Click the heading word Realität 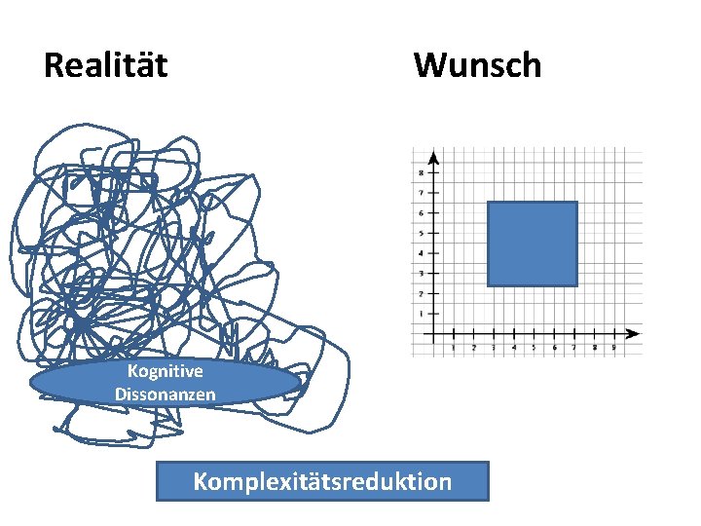click(106, 66)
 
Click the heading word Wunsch click(477, 66)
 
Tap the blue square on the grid click(532, 244)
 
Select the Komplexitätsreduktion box click(322, 481)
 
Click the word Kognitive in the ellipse click(166, 371)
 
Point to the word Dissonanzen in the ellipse click(166, 394)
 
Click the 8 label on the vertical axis click(421, 173)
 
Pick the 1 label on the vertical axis click(421, 314)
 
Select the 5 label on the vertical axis click(421, 234)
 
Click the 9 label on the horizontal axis click(613, 347)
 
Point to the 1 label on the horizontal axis click(455, 347)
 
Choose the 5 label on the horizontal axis click(534, 347)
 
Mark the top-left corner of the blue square click(488, 203)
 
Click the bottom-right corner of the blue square click(576, 285)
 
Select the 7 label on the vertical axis click(421, 194)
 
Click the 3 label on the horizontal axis click(494, 347)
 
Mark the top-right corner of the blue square click(576, 203)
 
